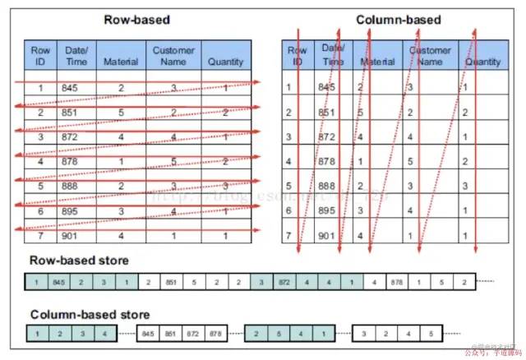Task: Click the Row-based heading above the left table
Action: click(x=136, y=20)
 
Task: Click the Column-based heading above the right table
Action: click(x=398, y=20)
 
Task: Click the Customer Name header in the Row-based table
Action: click(x=173, y=56)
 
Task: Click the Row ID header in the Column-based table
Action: click(x=297, y=56)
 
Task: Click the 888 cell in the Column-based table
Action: click(x=327, y=186)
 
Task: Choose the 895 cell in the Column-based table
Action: click(x=327, y=211)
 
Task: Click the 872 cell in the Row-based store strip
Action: click(x=284, y=283)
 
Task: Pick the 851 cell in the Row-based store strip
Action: click(x=171, y=283)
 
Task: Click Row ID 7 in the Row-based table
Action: click(x=39, y=237)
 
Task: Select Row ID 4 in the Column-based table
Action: click(x=287, y=161)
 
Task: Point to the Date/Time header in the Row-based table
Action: click(x=76, y=56)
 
